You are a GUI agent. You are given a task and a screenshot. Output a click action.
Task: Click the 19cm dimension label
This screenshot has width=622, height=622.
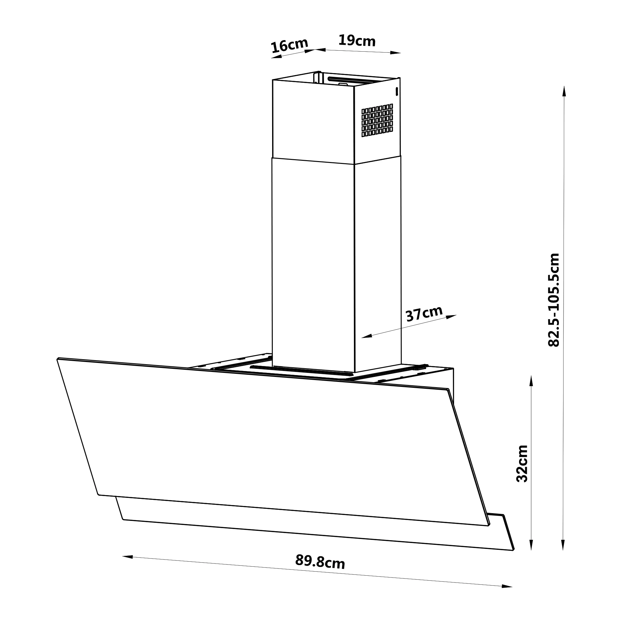point(357,40)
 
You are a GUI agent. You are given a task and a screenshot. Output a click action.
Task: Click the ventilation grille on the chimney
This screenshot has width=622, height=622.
point(377,120)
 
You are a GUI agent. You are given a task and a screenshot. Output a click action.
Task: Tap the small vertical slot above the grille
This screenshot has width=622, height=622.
point(397,91)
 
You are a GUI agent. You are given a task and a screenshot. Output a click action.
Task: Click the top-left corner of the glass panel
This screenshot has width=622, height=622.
point(58,358)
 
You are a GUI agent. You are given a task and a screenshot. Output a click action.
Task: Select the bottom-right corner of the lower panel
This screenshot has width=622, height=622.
point(513,550)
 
